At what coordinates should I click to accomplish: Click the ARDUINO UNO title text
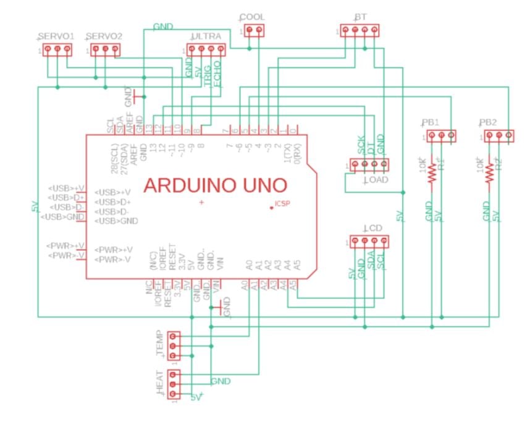215,185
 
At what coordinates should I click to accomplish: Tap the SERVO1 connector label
56,36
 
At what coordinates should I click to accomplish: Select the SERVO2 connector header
105,49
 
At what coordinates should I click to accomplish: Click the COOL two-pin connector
254,30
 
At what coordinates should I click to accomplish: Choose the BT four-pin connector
360,30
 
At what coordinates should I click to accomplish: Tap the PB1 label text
431,122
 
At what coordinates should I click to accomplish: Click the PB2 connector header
498,135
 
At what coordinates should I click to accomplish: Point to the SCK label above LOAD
361,145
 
